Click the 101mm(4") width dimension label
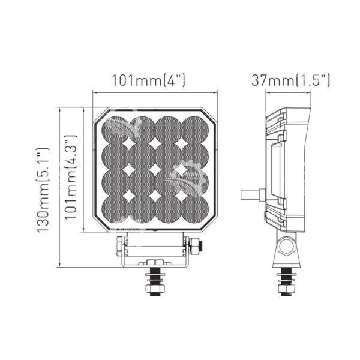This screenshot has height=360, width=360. (x=148, y=80)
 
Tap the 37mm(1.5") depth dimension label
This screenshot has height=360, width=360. (x=290, y=80)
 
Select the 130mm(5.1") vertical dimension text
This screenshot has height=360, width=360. (x=43, y=190)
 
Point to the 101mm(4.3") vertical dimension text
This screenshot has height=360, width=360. (x=70, y=176)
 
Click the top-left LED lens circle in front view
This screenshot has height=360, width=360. (x=115, y=130)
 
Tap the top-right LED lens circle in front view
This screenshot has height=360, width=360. (x=195, y=130)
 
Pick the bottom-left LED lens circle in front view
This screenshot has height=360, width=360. (x=115, y=209)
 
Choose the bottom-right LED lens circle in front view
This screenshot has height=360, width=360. (x=195, y=209)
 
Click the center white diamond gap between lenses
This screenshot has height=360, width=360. (x=155, y=170)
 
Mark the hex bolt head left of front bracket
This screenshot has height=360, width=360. (x=121, y=246)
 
